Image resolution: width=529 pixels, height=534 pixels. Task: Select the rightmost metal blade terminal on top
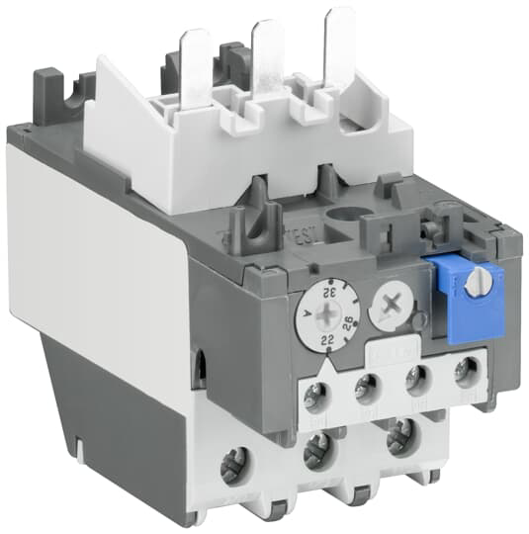point(340,45)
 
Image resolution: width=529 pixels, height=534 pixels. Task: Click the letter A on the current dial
point(308,317)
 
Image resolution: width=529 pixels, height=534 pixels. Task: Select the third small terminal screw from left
point(415,381)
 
